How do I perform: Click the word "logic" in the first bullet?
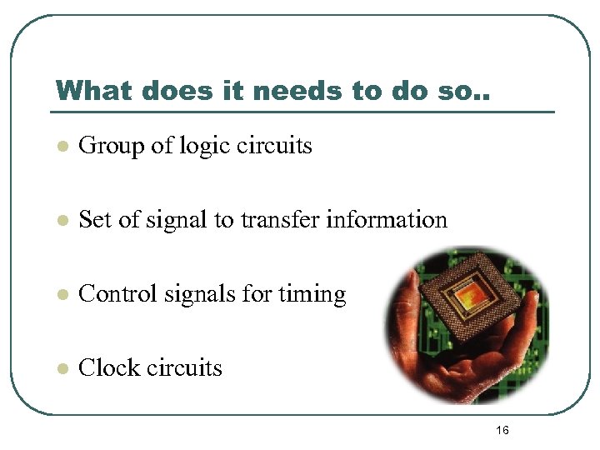tap(202, 146)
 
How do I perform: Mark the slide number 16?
tap(502, 430)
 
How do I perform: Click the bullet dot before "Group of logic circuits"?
tap(61, 147)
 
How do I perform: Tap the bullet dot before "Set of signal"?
tap(61, 221)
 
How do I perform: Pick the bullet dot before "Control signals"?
tap(61, 295)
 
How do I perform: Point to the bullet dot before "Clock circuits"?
tap(61, 369)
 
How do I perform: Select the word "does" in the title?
tap(170, 90)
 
